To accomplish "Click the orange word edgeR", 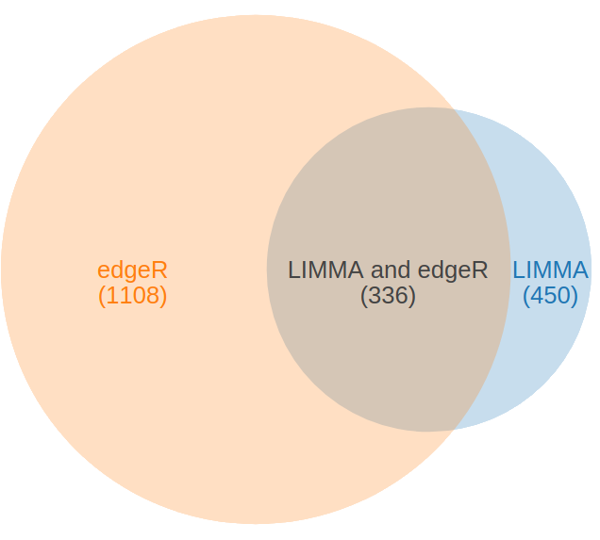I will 132,270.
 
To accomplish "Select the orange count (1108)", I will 132,296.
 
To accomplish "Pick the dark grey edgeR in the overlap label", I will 453,270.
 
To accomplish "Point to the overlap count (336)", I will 388,296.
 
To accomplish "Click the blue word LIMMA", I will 550,270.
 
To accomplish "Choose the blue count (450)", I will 550,296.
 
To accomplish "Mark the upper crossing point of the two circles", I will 456,110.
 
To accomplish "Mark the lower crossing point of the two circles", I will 456,429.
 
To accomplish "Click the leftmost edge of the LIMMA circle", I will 267,270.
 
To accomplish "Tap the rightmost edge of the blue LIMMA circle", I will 592,270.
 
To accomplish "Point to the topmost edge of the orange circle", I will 256,15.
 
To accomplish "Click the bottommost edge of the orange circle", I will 256,524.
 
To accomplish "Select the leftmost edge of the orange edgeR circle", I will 1,270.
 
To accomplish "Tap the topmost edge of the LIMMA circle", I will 429,107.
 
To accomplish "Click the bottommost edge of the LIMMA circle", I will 429,432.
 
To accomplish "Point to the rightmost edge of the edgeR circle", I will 510,270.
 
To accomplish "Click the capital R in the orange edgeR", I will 159,270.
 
